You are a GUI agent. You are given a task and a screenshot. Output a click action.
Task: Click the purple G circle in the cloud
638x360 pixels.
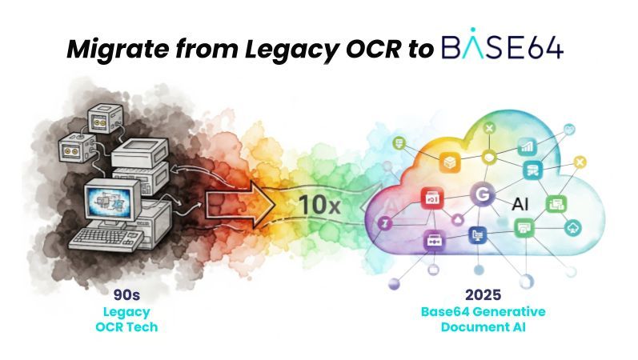(x=482, y=194)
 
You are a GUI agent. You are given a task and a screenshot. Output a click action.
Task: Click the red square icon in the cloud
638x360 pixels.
(x=432, y=198)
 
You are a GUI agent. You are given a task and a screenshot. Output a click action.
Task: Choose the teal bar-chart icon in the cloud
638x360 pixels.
(x=527, y=146)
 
